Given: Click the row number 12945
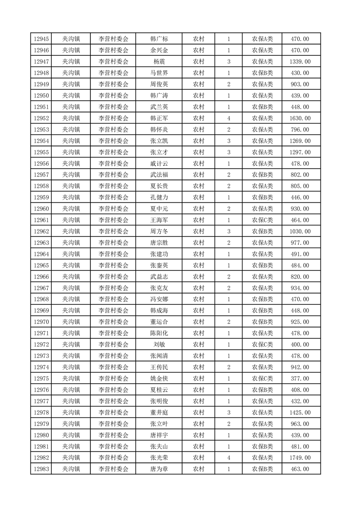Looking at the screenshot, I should click(41, 39).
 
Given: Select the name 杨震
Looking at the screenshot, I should click(159, 62).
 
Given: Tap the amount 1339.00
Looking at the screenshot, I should click(300, 62).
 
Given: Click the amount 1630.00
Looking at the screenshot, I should click(300, 118).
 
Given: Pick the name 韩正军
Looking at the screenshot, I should click(159, 118).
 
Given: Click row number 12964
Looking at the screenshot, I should click(41, 254).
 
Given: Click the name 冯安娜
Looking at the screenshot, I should click(159, 299).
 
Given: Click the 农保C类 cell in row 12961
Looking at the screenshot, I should click(262, 220).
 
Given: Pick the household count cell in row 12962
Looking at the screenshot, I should click(228, 231).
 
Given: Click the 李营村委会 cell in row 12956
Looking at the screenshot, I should click(113, 164).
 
